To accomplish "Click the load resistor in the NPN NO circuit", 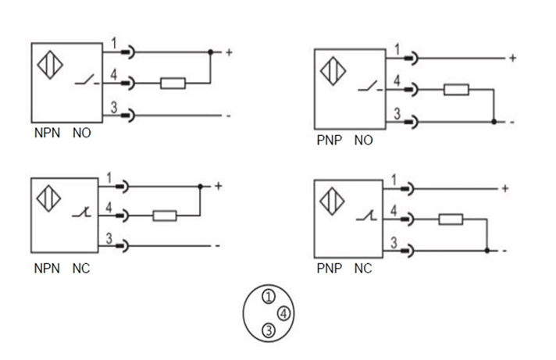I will pyautogui.click(x=173, y=83).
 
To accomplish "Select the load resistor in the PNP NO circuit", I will pyautogui.click(x=456, y=90).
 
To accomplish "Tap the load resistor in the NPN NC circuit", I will pyautogui.click(x=165, y=215).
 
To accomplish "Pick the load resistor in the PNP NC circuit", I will pyautogui.click(x=451, y=219).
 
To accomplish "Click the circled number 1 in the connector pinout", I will pyautogui.click(x=268, y=297).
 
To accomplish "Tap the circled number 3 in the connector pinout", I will pyautogui.click(x=269, y=330).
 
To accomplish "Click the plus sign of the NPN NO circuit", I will pyautogui.click(x=229, y=53).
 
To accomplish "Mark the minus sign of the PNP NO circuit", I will pyautogui.click(x=511, y=122).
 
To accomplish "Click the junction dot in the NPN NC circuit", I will pyautogui.click(x=201, y=187).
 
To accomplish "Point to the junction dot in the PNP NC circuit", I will pyautogui.click(x=486, y=251).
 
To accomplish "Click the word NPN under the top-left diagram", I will pyautogui.click(x=46, y=134).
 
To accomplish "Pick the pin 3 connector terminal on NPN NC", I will pyautogui.click(x=124, y=245).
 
